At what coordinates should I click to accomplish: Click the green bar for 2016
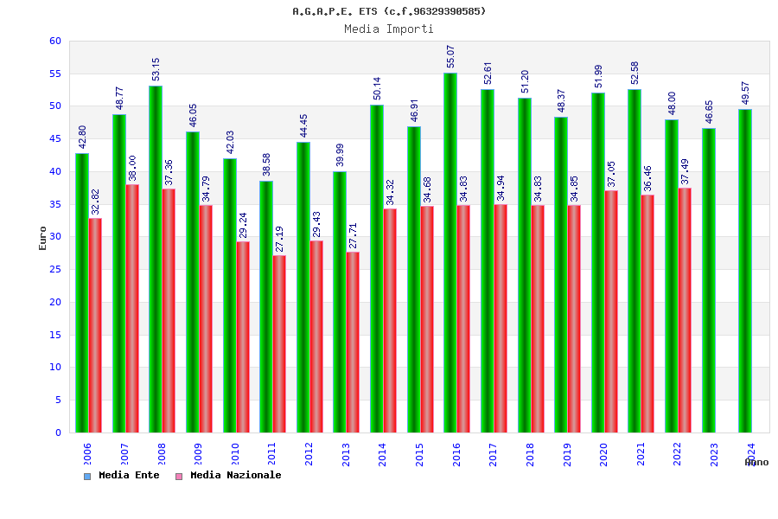coord(450,253)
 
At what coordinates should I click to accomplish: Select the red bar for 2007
coord(132,308)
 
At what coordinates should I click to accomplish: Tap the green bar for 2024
coord(745,271)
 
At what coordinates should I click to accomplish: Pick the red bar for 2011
coord(279,343)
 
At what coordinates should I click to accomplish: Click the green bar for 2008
coord(156,259)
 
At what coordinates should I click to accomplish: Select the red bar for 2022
coord(685,310)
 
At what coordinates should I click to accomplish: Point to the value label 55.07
coord(450,56)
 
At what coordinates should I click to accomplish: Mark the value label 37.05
coord(611,174)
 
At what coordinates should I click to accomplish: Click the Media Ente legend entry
coord(122,476)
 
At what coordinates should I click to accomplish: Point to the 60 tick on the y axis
coord(55,41)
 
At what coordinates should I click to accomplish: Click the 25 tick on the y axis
coord(55,269)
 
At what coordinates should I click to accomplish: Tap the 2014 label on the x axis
coord(383,455)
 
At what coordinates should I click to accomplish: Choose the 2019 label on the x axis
coord(567,455)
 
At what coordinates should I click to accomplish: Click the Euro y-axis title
coord(43,238)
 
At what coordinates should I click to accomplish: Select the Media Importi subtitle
coord(389,29)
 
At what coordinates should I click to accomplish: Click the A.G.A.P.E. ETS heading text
coord(389,11)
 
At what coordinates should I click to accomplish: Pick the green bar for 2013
coord(340,302)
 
